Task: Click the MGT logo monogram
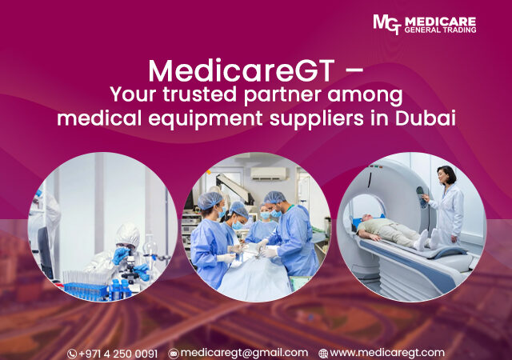click(x=387, y=24)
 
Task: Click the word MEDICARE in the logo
click(x=440, y=22)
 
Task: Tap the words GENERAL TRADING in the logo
click(x=440, y=30)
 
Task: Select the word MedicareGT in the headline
click(x=242, y=70)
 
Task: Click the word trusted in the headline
click(x=199, y=94)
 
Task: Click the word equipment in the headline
click(x=206, y=119)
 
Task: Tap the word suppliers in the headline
click(x=317, y=119)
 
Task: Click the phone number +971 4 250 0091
click(x=118, y=354)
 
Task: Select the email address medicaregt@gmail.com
click(x=244, y=353)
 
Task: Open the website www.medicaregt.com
click(x=387, y=353)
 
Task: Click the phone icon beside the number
click(x=72, y=354)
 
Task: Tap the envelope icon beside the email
click(x=174, y=354)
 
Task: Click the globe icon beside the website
click(x=323, y=354)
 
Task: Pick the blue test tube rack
click(x=86, y=290)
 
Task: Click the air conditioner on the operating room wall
click(x=268, y=174)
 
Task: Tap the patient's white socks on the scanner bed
click(x=428, y=239)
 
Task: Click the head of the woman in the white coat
click(x=446, y=175)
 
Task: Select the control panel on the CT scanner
click(x=422, y=197)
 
